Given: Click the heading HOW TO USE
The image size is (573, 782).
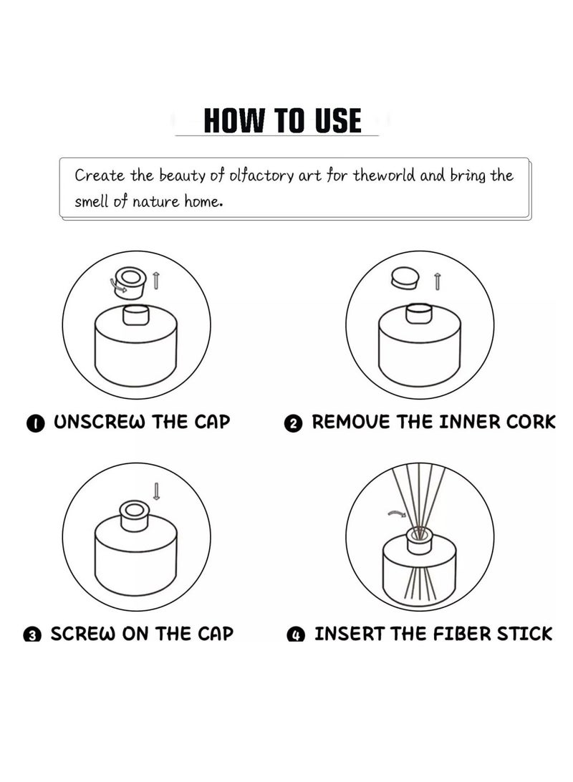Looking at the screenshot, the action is (x=282, y=121).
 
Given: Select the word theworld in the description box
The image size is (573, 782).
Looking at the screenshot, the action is (x=383, y=175).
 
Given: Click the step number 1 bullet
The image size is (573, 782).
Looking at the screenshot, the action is (x=35, y=423).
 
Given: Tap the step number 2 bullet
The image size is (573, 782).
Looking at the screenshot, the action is (x=293, y=424).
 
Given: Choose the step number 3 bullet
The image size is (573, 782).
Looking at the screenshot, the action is (x=32, y=634).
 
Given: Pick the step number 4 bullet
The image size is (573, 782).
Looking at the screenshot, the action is (x=296, y=635).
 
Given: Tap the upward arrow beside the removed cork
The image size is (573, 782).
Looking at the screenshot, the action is (x=438, y=281).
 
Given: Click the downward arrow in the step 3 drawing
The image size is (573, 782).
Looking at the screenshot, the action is (x=157, y=491).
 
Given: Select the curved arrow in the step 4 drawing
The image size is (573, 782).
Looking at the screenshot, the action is (x=397, y=513).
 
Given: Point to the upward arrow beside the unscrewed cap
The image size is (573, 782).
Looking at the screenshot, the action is (x=155, y=281).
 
